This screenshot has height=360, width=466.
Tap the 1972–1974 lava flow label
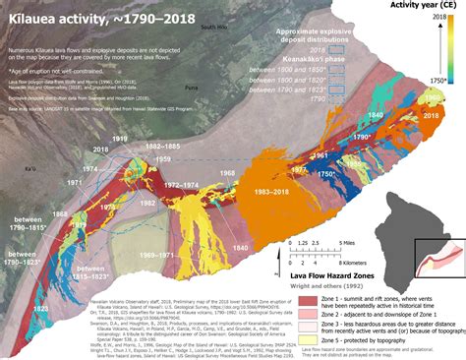[x=181, y=183]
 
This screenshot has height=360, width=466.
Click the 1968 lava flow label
[x=226, y=174]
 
